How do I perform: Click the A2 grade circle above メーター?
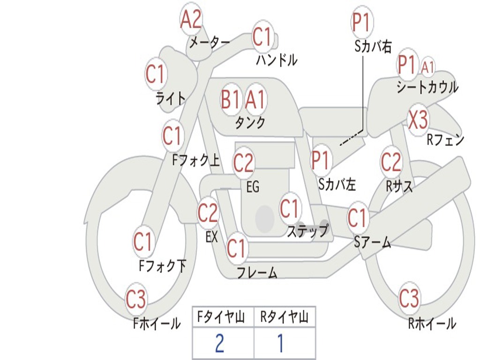click(191, 20)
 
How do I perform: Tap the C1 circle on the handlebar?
click(262, 37)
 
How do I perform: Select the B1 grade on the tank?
click(230, 99)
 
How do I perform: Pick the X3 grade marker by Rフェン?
click(418, 120)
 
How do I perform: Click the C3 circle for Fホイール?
click(136, 299)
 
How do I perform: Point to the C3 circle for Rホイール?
click(409, 298)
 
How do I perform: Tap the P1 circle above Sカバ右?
click(362, 22)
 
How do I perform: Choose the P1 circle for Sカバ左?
click(321, 160)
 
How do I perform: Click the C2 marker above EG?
click(243, 163)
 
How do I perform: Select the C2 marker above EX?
click(208, 213)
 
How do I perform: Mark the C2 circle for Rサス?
click(391, 162)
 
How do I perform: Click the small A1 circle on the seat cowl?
click(427, 67)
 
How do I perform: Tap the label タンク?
click(250, 123)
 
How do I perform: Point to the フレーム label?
click(257, 272)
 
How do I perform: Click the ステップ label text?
click(307, 231)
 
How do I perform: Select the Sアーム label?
click(373, 242)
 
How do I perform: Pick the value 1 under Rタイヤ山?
click(280, 343)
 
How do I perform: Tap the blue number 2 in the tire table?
click(220, 343)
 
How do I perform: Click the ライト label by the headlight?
click(171, 98)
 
